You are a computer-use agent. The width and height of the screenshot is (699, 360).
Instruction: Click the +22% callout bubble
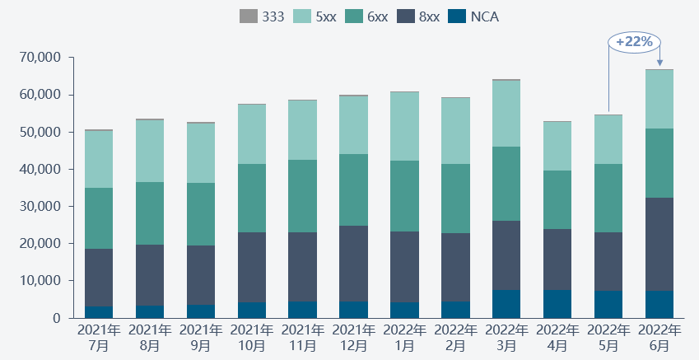[x=634, y=41]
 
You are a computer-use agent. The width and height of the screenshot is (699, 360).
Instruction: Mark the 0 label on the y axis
[x=57, y=318]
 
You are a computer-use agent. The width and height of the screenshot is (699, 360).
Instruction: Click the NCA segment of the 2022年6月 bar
[x=659, y=304]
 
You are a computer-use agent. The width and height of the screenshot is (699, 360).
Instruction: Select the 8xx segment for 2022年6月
[x=659, y=244]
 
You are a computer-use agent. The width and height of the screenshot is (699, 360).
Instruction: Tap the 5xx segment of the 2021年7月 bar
[x=99, y=159]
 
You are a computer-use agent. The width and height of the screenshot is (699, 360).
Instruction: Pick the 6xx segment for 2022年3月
[x=506, y=184]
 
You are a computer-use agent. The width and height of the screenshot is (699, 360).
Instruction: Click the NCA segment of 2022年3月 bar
[x=506, y=303]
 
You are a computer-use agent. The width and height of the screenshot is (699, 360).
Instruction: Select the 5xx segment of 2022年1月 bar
[x=404, y=126]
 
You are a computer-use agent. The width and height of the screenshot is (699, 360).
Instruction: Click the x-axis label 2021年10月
[x=251, y=338]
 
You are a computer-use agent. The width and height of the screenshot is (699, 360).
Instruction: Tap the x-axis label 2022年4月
[x=557, y=338]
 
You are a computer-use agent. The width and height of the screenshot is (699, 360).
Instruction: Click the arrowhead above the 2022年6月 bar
[x=659, y=63]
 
